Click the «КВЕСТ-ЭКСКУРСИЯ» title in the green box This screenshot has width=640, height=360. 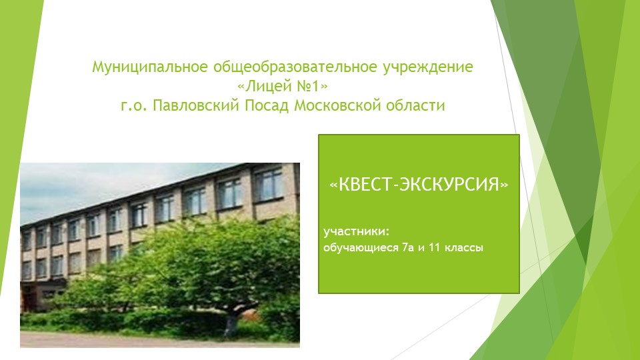tap(419, 184)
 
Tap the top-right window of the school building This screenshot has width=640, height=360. tap(269, 184)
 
